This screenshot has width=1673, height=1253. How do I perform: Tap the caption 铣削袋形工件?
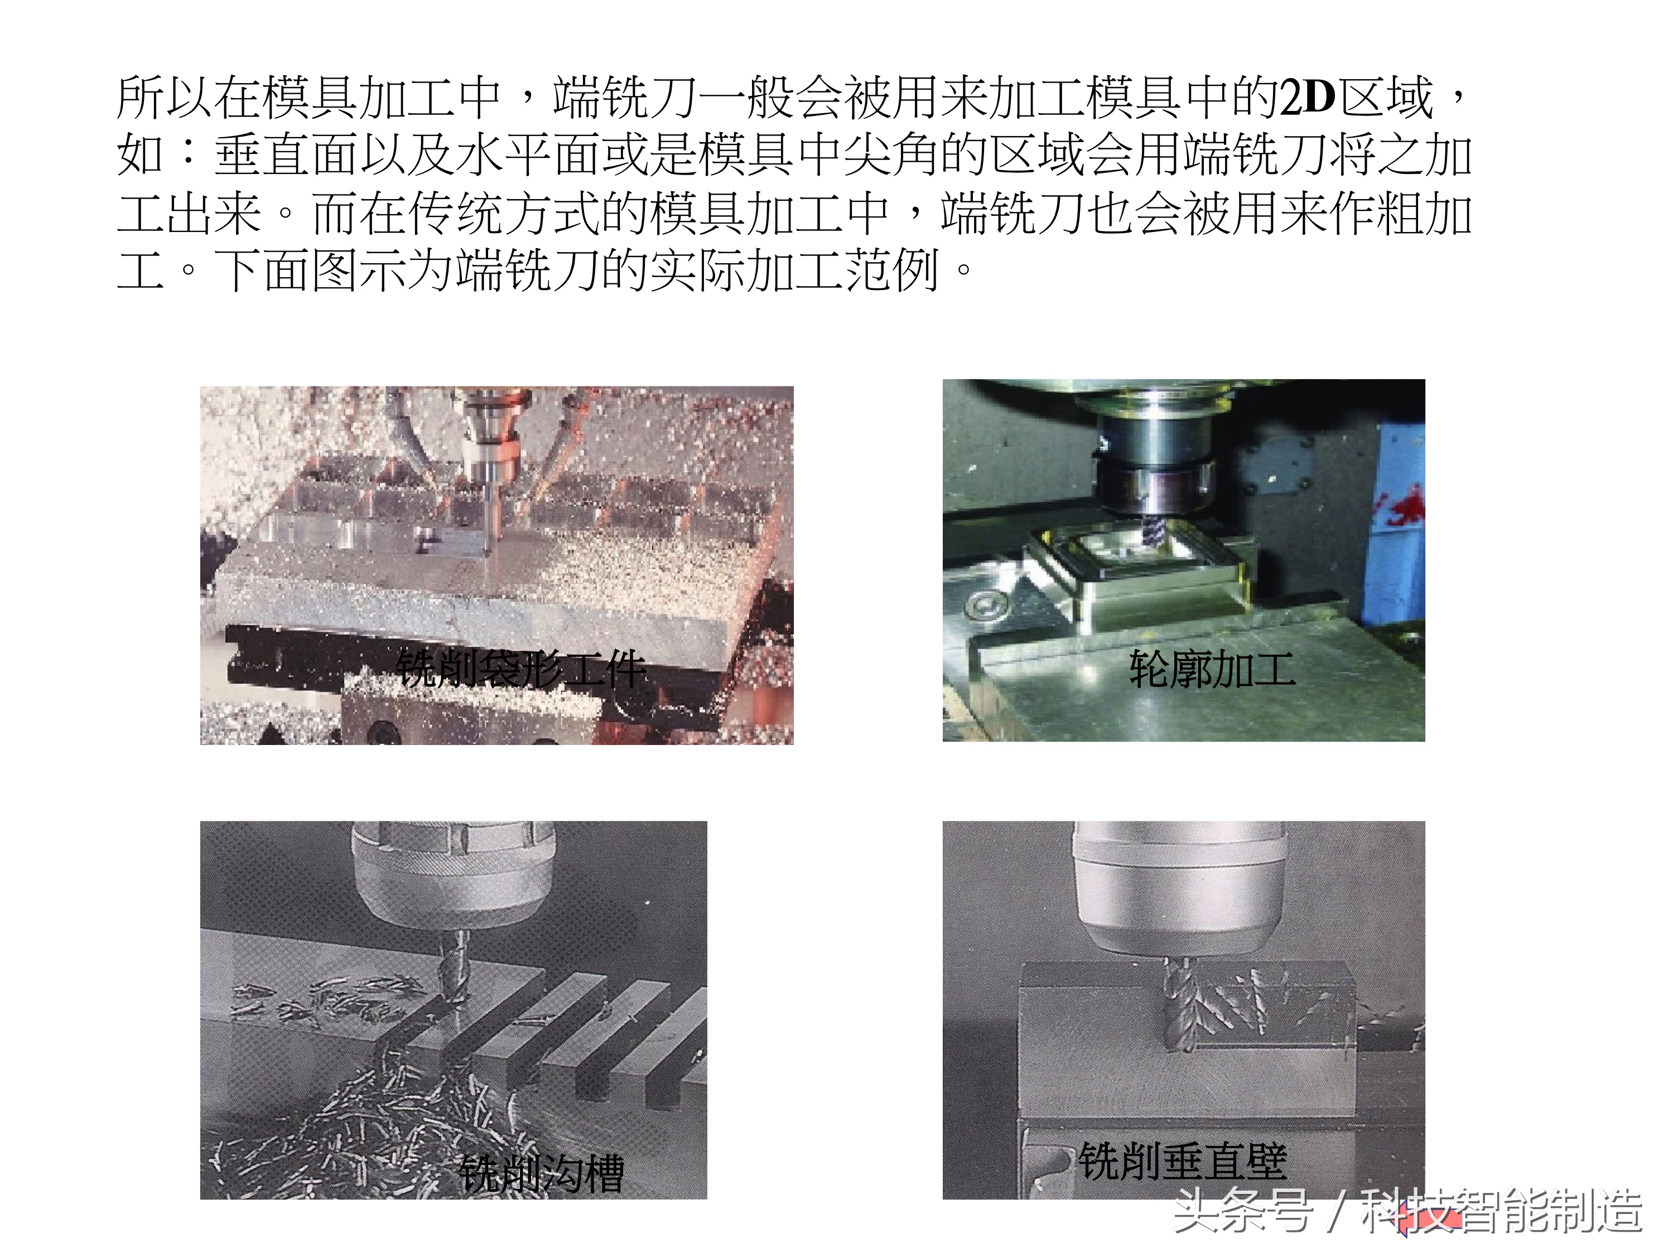(521, 669)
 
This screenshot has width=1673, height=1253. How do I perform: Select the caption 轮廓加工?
(1212, 669)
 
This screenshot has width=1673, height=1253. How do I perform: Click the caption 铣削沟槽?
(542, 1174)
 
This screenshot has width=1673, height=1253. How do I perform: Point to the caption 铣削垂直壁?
(1182, 1161)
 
